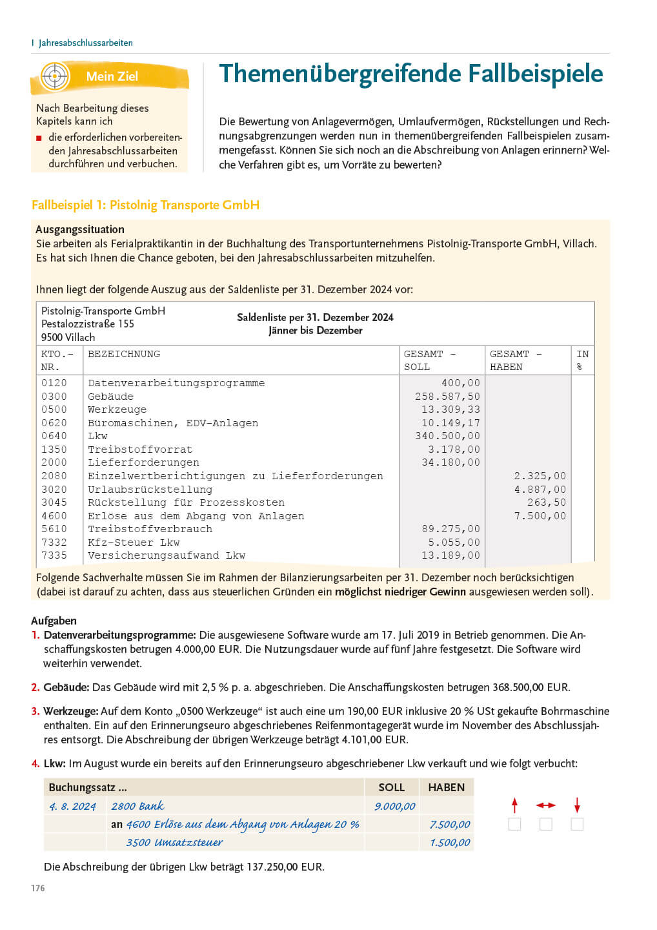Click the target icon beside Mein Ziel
pos(55,76)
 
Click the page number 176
pos(38,888)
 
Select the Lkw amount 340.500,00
pos(450,436)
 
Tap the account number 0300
pos(54,397)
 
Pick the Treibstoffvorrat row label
pos(140,449)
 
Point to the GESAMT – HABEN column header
pos(516,360)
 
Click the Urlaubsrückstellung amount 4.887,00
pos(540,490)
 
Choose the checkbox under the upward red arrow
pos(514,824)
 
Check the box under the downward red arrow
pos(577,824)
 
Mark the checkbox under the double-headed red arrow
pos(546,824)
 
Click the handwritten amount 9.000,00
pos(395,806)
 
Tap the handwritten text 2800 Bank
pos(137,806)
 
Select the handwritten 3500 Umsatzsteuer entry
pos(174,842)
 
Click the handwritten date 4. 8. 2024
pos(73,807)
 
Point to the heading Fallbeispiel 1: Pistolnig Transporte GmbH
pos(145,205)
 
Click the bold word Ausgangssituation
pos(80,229)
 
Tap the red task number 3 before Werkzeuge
pos(35,711)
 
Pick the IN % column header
pos(582,360)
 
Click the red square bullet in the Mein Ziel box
pos(39,138)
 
